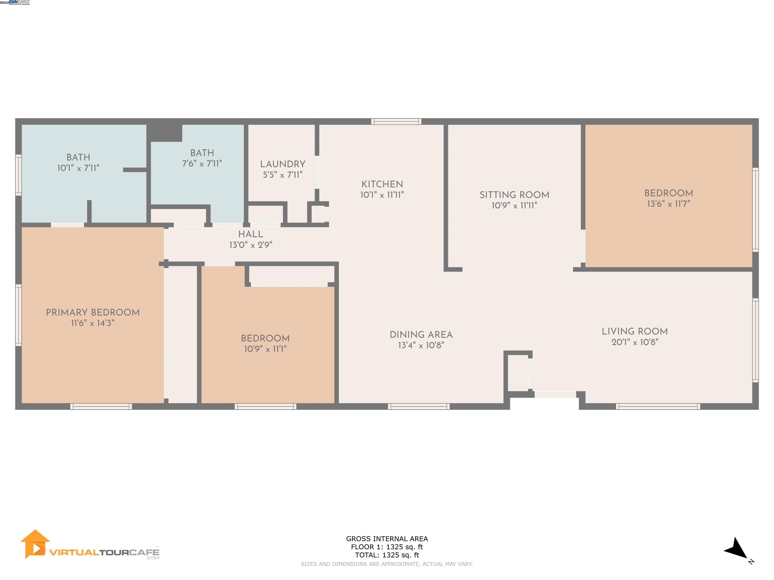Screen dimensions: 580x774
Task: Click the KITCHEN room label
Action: [382, 184]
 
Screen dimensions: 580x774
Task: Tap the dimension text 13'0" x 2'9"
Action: [250, 245]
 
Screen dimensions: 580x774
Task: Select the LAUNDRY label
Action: [283, 164]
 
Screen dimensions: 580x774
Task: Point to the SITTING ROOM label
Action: [514, 195]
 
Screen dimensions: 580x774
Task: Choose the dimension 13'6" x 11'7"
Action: [668, 204]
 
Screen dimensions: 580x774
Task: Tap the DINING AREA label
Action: [421, 335]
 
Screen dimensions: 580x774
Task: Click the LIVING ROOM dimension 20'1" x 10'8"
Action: [635, 342]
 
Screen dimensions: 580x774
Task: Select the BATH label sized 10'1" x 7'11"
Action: [78, 157]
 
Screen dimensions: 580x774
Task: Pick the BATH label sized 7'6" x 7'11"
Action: [202, 153]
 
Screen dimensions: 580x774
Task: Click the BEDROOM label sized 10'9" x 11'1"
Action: [265, 338]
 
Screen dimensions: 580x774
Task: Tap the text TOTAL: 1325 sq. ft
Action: [387, 555]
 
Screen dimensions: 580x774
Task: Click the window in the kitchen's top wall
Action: [396, 122]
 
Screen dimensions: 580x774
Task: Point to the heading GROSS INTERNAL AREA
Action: [387, 539]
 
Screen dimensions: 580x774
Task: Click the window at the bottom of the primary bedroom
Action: [101, 406]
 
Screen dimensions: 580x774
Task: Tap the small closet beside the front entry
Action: [518, 373]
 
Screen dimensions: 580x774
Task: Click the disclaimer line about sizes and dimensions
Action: [387, 564]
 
